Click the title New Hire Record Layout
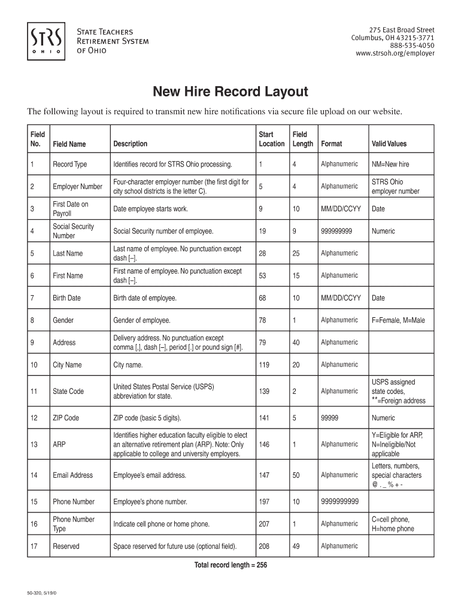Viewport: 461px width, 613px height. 230,92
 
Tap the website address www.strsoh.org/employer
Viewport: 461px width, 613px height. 395,53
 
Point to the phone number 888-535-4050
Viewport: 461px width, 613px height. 413,45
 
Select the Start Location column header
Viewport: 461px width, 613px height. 271,139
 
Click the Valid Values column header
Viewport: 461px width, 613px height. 389,144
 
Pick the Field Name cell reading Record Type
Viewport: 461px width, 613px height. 69,164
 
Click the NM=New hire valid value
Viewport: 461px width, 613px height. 390,164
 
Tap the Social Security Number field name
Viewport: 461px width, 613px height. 73,231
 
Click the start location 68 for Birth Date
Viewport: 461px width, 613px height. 262,298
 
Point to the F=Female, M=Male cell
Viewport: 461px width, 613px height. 398,320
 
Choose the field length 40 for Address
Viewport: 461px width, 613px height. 296,342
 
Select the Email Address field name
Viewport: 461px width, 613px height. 72,475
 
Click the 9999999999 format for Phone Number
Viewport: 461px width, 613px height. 339,502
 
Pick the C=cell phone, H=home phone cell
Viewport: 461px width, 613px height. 393,524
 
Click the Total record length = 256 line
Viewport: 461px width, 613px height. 230,565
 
